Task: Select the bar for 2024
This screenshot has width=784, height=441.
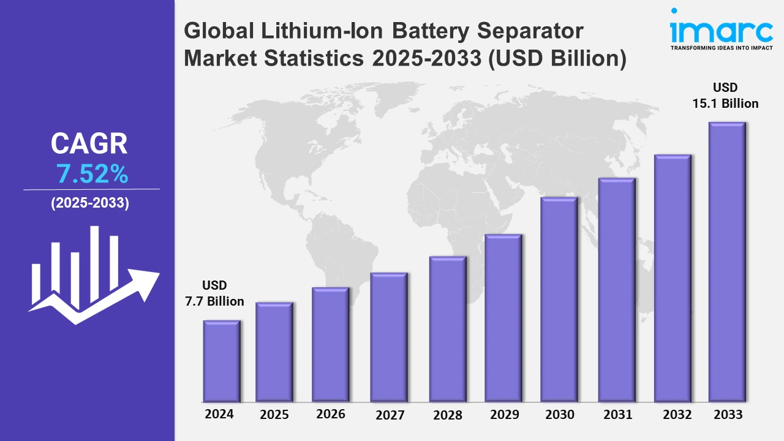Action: (x=222, y=361)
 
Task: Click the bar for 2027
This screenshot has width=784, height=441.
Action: (x=389, y=337)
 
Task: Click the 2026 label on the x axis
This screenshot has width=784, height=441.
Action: (x=331, y=414)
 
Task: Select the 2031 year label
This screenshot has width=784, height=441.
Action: (x=617, y=415)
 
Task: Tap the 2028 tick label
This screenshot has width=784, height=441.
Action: (x=448, y=415)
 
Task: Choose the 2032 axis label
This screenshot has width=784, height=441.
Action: (x=677, y=415)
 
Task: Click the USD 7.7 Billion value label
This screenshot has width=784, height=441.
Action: (x=214, y=293)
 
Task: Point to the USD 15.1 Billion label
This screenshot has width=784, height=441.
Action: (x=725, y=96)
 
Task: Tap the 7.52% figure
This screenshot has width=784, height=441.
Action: (x=92, y=175)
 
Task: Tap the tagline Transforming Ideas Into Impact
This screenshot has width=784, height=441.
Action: (x=721, y=47)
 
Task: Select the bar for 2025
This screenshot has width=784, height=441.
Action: (x=274, y=352)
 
